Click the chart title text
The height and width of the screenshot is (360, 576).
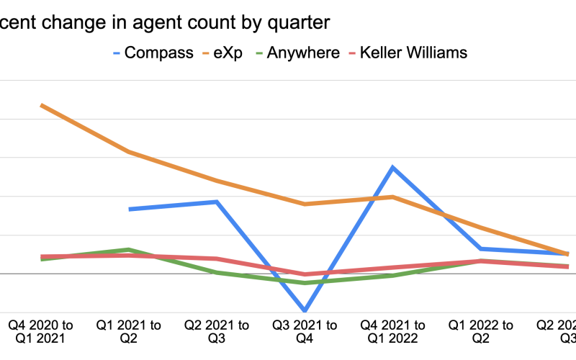point(166,22)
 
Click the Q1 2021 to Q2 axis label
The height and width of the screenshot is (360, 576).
point(130,332)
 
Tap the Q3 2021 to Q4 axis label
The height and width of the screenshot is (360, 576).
point(305,332)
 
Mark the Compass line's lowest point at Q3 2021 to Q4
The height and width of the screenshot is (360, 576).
point(305,310)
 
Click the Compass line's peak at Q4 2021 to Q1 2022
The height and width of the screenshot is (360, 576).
point(392,167)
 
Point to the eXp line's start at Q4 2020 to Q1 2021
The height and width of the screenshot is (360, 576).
point(42,105)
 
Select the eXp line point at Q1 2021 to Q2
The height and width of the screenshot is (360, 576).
point(129,152)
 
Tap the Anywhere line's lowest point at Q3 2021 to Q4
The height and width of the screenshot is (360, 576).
point(305,283)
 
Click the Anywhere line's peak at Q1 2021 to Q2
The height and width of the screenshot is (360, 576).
point(129,250)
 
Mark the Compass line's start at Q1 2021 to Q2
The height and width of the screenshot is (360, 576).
point(130,210)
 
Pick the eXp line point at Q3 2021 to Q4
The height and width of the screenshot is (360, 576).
point(305,204)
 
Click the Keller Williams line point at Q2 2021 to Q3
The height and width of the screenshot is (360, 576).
point(217,258)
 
